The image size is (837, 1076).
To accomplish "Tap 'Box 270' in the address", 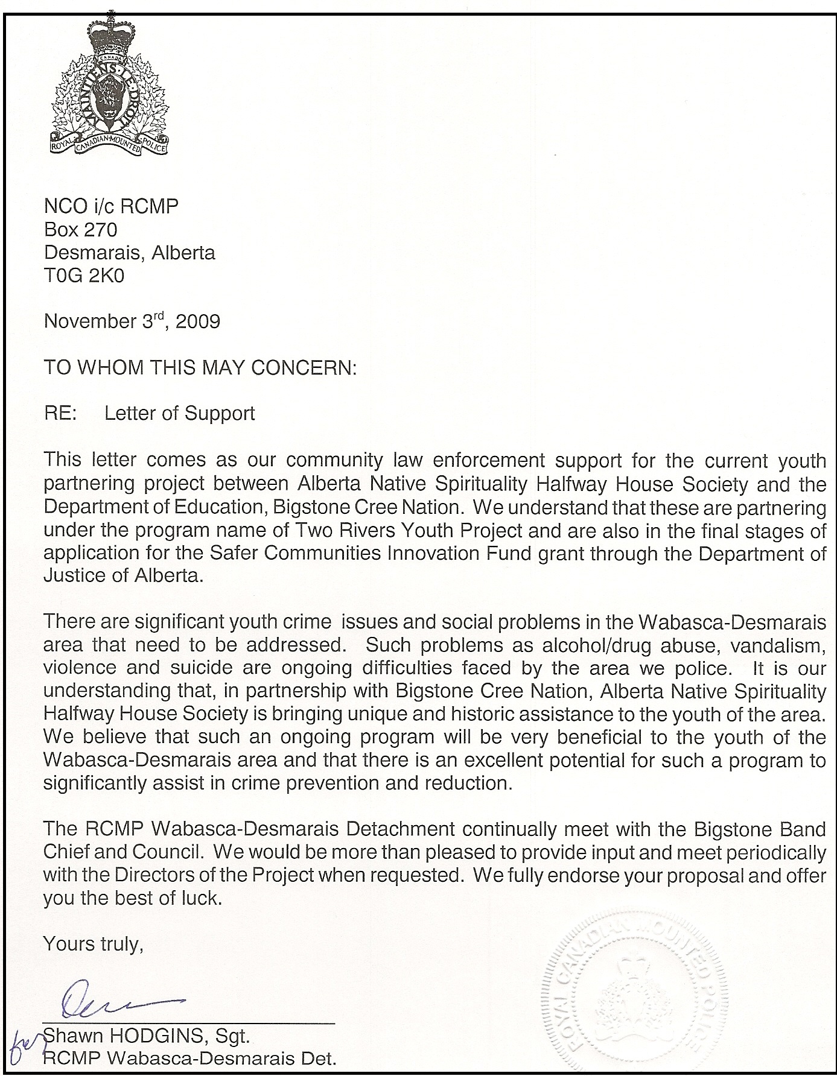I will (80, 229).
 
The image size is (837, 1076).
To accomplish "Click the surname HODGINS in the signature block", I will (154, 1036).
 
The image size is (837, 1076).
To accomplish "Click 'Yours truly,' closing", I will (93, 943).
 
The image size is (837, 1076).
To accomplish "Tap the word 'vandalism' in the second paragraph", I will (777, 645).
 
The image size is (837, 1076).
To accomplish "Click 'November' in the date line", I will (88, 321).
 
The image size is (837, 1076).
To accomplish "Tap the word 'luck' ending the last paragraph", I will (198, 898).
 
